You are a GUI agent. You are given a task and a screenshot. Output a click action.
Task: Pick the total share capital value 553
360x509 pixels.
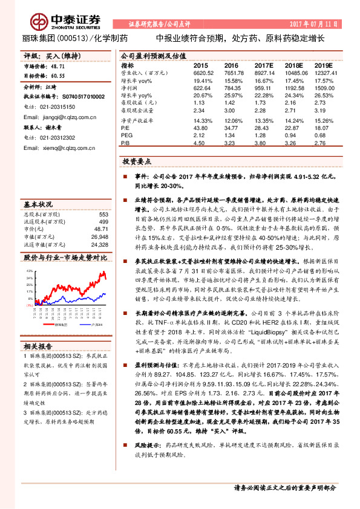pyautogui.click(x=103, y=215)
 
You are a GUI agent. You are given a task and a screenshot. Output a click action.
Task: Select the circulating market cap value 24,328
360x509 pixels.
pyautogui.click(x=100, y=245)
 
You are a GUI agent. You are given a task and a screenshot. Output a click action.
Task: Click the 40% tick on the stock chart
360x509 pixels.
pyautogui.click(x=29, y=270)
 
